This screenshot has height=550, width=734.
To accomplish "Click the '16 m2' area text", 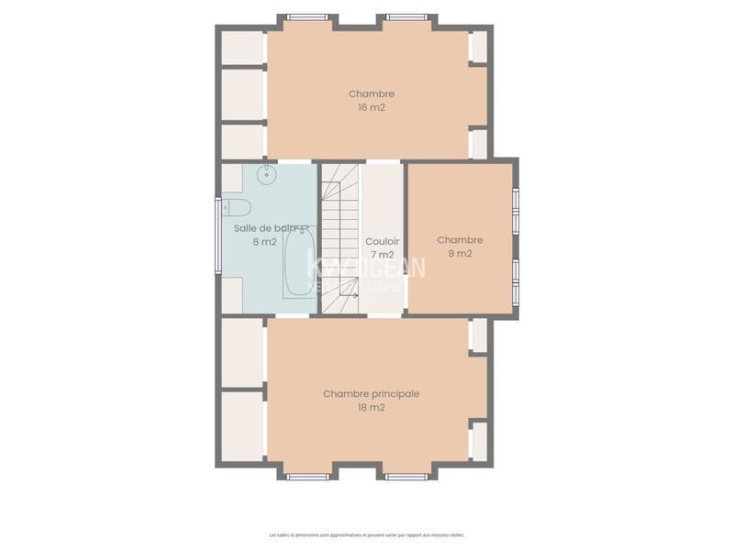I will pos(372,107).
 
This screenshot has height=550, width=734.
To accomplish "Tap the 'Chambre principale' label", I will pos(371,393).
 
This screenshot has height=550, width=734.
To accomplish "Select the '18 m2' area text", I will pos(371,408).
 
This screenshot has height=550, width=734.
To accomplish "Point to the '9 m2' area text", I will pos(460,254).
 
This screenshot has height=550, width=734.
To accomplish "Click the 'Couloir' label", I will pos(382,241).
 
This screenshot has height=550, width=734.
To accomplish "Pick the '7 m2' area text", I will pos(382,255).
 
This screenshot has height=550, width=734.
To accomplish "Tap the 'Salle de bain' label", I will pos(266,228).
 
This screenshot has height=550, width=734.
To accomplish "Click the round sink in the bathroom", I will pos(267,174).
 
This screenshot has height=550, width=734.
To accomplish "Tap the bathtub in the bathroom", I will pos(299,263).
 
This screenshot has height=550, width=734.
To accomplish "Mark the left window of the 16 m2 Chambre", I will pos(307,16).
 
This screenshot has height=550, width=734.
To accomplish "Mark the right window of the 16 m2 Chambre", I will pos(406,16).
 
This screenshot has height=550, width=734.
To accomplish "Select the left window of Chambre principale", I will pos(307,477).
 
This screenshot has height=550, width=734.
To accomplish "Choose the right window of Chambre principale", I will pos(406,477).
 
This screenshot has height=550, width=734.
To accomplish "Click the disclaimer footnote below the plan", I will pos(367,534).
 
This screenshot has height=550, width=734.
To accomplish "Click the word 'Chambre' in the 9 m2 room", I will pos(460,240).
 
